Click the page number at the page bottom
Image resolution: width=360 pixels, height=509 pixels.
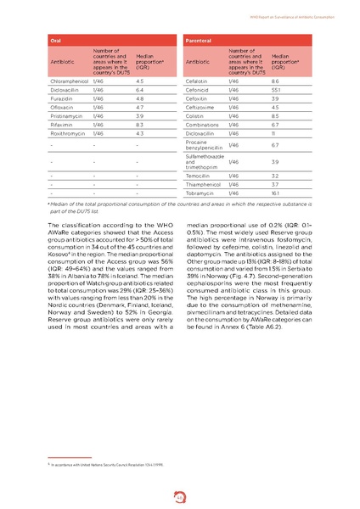(180, 487)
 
